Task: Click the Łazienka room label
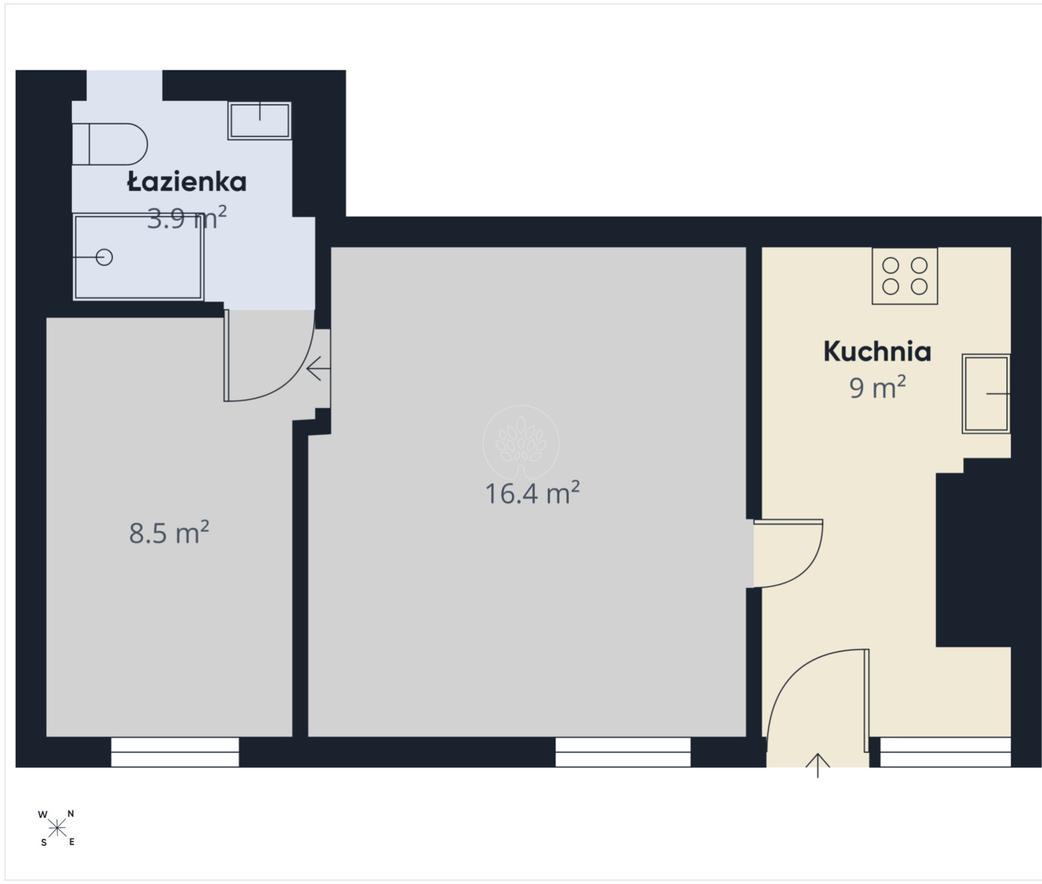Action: [186, 182]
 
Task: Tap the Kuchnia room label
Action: [877, 352]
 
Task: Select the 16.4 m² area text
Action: [532, 493]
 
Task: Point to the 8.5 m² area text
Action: [169, 532]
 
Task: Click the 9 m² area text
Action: [877, 388]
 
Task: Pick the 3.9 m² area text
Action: [186, 219]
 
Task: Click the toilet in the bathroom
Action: [110, 144]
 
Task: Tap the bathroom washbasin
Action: [260, 121]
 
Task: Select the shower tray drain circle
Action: [104, 258]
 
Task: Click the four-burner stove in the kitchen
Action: [904, 276]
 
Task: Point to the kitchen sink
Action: [986, 393]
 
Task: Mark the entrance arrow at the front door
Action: [818, 765]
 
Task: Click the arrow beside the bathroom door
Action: [318, 369]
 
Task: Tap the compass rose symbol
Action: [57, 829]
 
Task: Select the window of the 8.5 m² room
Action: [175, 752]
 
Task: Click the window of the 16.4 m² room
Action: [623, 752]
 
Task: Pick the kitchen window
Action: [945, 752]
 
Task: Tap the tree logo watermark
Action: [520, 443]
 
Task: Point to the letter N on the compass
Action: [71, 814]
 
